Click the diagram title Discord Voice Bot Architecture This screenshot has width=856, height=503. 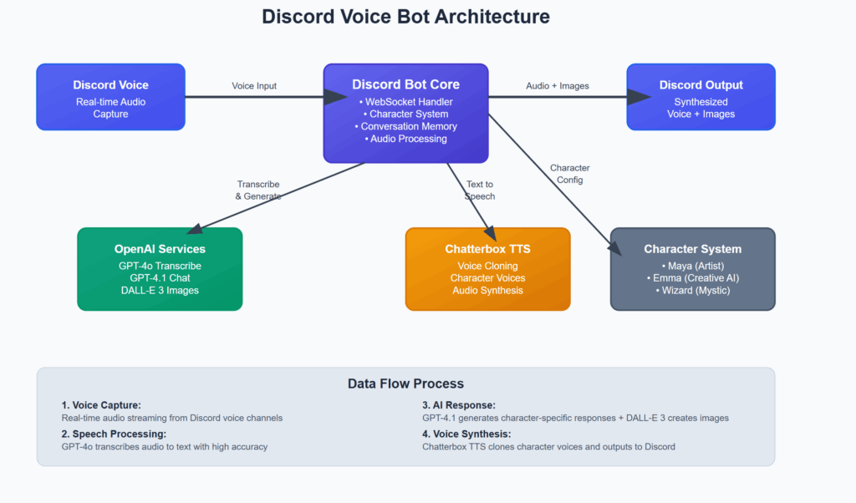pos(405,17)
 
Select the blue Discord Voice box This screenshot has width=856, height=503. pos(111,97)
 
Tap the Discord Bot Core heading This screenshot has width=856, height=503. pos(405,84)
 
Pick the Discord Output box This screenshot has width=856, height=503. pos(701,97)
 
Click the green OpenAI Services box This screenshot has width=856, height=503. pos(160,269)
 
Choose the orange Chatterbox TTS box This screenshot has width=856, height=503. pos(488,269)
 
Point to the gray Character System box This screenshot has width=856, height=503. pos(693,269)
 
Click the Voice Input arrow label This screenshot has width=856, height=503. pos(254,86)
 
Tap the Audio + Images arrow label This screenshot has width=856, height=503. pos(558,86)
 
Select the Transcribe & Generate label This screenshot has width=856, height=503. pos(258,191)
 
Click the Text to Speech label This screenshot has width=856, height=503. pos(480,191)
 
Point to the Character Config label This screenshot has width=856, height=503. pos(570,174)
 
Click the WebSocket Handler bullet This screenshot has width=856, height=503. pos(405,102)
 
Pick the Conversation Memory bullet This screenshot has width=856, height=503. pos(405,126)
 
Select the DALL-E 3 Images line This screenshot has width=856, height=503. pos(160,290)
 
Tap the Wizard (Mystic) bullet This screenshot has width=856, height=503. pos(693,290)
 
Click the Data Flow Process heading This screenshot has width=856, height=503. pos(405,384)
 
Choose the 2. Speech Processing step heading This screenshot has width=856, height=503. pos(114,434)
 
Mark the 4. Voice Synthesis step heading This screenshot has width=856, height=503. pos(466,434)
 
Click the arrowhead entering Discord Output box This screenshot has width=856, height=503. pos(639,97)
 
